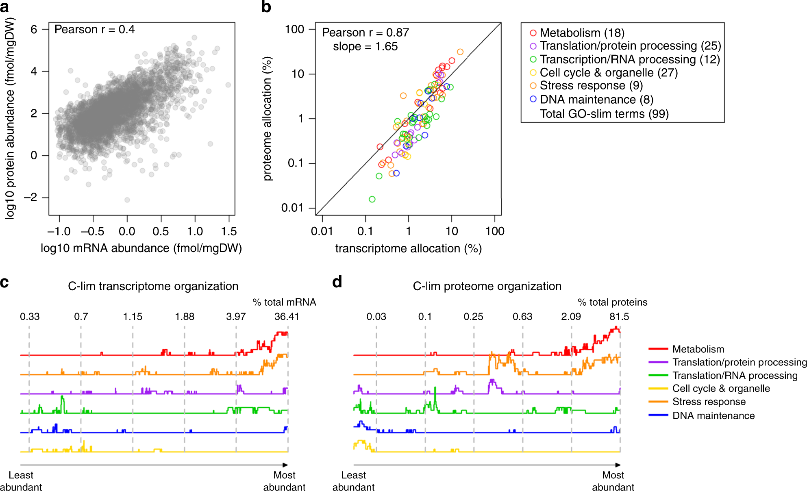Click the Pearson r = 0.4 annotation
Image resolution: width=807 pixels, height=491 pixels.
(x=94, y=30)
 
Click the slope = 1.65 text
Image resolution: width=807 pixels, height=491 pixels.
(x=365, y=46)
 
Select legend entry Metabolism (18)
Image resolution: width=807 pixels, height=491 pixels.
(x=581, y=33)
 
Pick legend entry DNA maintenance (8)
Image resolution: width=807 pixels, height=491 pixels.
(x=596, y=99)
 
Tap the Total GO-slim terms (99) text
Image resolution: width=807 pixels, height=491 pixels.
(x=604, y=113)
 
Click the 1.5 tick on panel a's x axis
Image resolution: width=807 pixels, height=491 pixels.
(x=229, y=231)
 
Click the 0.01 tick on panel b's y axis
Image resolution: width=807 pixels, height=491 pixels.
(x=292, y=208)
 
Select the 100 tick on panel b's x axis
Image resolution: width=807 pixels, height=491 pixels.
(x=495, y=231)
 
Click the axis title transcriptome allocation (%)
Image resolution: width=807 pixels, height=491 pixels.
(x=408, y=248)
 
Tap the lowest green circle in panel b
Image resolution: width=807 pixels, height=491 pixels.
(x=372, y=199)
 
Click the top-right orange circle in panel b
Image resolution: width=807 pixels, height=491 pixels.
(x=460, y=52)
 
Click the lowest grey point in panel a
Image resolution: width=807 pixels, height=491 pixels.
(x=127, y=200)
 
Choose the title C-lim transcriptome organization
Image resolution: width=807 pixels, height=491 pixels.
(x=153, y=286)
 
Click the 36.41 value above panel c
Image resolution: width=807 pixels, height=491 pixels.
(x=287, y=317)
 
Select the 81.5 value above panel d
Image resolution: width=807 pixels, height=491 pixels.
(x=619, y=317)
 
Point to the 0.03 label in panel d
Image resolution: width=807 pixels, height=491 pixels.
(x=376, y=317)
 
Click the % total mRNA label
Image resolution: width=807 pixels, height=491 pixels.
(x=284, y=302)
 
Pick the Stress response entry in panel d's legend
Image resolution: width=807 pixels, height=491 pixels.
(x=709, y=402)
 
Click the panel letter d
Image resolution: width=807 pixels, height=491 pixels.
(x=337, y=282)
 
